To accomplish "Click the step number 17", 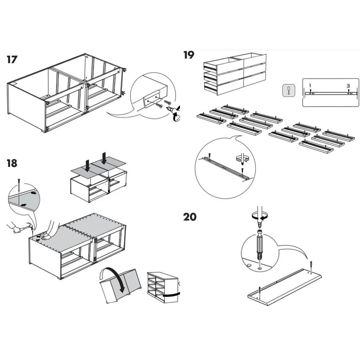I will click(x=12, y=59).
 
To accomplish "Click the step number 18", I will click(x=12, y=163).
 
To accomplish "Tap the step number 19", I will click(x=189, y=55).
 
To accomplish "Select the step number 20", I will click(x=190, y=217).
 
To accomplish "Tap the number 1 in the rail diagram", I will click(x=310, y=86).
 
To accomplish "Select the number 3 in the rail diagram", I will click(x=348, y=86).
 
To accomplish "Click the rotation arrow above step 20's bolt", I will click(x=259, y=216).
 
